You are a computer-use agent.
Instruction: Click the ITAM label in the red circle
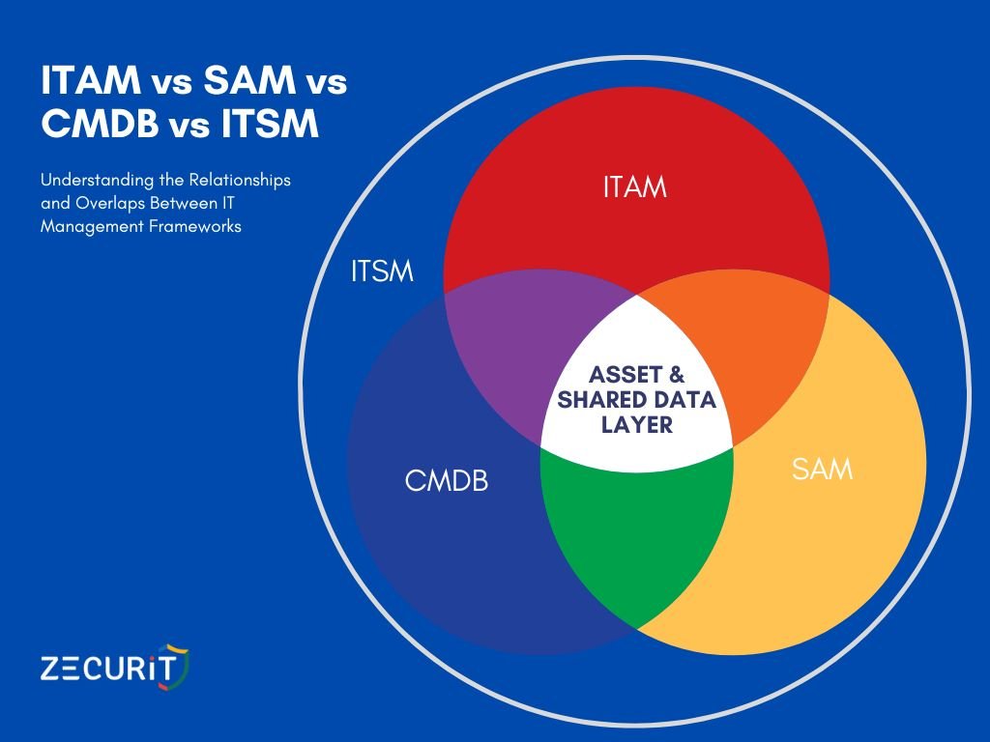click(x=635, y=185)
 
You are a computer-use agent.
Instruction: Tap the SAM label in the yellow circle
click(x=822, y=471)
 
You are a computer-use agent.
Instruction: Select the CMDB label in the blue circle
click(x=446, y=480)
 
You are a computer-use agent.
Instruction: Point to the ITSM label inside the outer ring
click(x=382, y=272)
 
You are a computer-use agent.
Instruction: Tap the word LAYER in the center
click(x=636, y=424)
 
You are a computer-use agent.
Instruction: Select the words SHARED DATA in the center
click(x=636, y=400)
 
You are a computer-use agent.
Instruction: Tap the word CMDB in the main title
click(x=92, y=126)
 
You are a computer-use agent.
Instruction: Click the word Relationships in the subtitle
click(x=242, y=181)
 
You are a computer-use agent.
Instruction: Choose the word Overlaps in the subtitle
click(x=100, y=205)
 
